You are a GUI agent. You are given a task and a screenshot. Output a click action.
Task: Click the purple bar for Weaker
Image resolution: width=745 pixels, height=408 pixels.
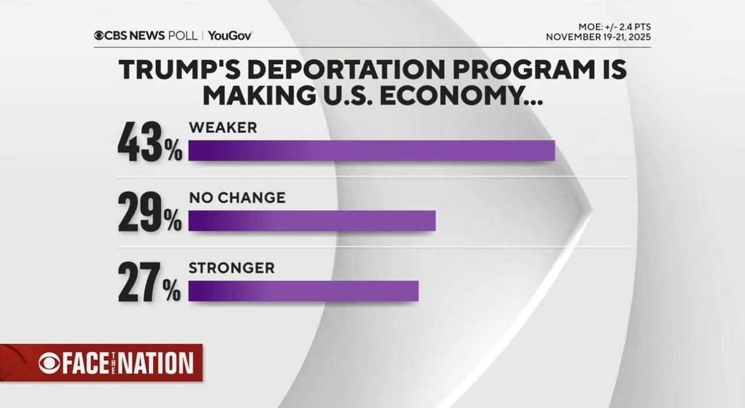371,150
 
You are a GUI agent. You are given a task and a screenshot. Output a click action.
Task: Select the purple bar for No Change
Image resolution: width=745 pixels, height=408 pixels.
312,221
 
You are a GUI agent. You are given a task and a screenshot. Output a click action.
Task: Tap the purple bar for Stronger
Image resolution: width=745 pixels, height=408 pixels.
303,291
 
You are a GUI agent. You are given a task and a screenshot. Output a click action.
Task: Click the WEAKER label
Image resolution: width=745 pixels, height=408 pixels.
223,128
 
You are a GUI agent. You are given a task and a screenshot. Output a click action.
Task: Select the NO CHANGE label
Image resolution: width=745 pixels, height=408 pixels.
237,198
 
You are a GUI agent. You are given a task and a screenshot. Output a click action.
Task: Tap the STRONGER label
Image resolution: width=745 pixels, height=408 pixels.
232,268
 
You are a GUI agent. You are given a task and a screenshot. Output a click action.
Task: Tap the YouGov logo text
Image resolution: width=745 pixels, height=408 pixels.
230,36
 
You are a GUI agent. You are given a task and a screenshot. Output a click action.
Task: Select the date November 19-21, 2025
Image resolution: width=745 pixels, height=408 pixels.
598,38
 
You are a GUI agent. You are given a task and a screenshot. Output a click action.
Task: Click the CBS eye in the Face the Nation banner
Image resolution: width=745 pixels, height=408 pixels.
49,363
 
